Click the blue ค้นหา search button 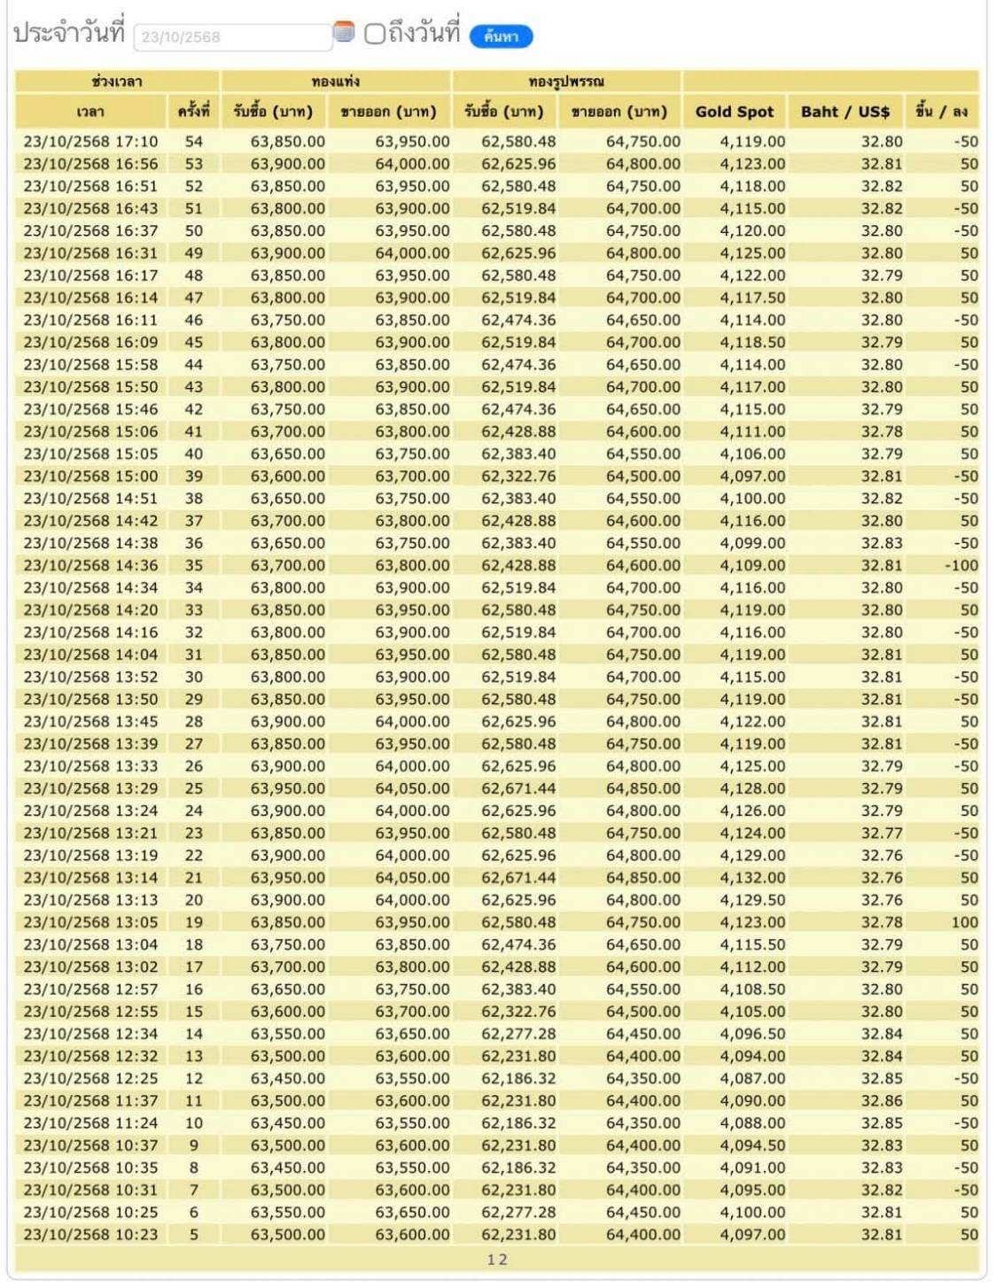[501, 36]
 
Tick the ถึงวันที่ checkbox [375, 35]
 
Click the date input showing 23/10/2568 [232, 37]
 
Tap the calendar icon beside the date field [344, 34]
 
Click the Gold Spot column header [734, 112]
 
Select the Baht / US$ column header [845, 112]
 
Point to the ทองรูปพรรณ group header [566, 81]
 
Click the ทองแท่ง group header [336, 81]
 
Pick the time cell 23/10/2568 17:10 [90, 142]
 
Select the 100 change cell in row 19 [964, 922]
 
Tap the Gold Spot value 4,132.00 [752, 878]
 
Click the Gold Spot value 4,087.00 [752, 1078]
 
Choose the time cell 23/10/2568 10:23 [90, 1234]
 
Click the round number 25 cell [193, 788]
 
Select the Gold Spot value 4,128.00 [752, 788]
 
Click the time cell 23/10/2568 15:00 [90, 476]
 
